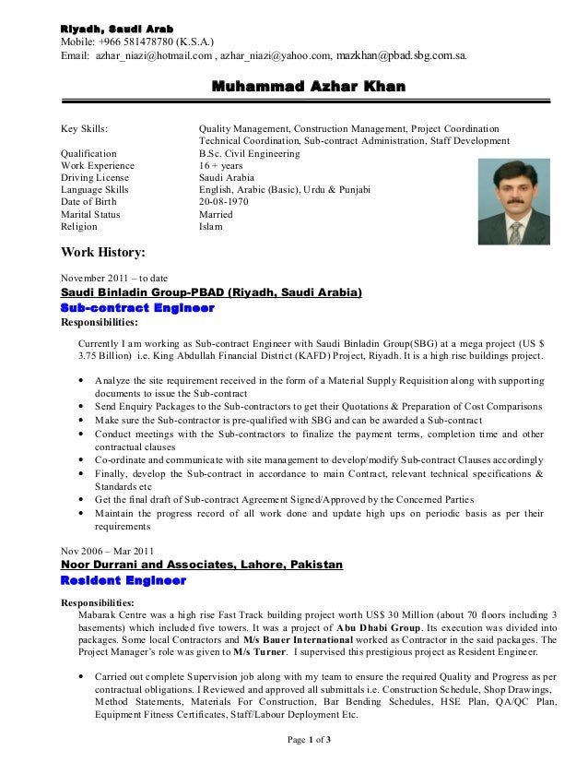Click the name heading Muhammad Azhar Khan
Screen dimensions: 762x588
click(x=309, y=88)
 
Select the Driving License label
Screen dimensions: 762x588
click(x=95, y=178)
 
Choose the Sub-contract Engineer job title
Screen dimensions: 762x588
click(x=137, y=308)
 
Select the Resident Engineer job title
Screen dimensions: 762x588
click(x=123, y=580)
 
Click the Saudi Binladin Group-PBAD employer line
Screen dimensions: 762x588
click(x=211, y=293)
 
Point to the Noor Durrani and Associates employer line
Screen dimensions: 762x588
click(x=201, y=565)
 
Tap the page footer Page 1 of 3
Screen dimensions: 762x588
click(x=309, y=741)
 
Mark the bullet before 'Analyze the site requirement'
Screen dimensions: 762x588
click(x=86, y=380)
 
